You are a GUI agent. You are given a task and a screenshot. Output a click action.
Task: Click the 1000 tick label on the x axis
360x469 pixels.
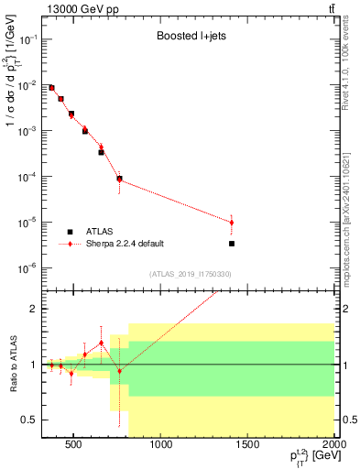pos(161,445)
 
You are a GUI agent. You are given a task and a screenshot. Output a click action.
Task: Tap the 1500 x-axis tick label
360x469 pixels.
pos(247,445)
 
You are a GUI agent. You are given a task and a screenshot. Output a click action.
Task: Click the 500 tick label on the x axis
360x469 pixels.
pos(76,445)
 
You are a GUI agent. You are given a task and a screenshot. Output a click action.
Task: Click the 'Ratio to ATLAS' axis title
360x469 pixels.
pos(13,364)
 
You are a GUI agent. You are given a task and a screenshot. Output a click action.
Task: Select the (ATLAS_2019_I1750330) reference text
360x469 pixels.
pos(186,274)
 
